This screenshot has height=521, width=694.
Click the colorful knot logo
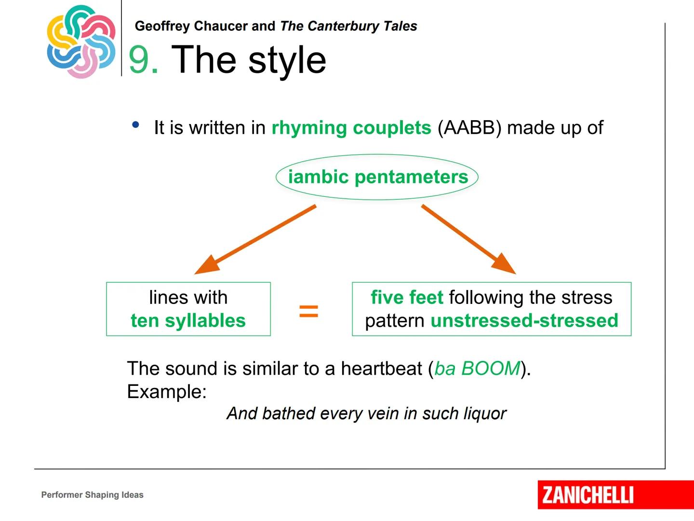(x=81, y=41)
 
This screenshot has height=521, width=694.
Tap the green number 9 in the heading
(x=139, y=59)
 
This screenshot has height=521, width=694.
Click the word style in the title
(x=287, y=60)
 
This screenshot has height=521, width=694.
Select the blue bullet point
(x=135, y=124)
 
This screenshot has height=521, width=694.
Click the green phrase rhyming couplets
(x=351, y=128)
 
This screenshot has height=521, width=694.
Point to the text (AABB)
(x=469, y=128)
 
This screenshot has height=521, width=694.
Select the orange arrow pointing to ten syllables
(x=255, y=239)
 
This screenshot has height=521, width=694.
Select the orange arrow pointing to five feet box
(x=468, y=239)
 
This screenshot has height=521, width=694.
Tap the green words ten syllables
(x=188, y=320)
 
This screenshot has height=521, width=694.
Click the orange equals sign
(x=308, y=311)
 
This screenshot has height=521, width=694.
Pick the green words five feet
(x=407, y=297)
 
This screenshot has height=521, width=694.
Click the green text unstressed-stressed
(x=524, y=320)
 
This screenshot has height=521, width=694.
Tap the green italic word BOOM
(x=491, y=368)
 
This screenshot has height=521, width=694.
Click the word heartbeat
(x=381, y=368)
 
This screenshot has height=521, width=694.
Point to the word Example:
(x=167, y=392)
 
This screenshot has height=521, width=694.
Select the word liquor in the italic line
(x=485, y=414)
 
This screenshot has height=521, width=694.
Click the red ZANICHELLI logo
(x=615, y=495)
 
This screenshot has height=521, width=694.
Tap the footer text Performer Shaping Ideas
(x=93, y=495)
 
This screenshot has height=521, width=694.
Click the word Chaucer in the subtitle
(x=221, y=26)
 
